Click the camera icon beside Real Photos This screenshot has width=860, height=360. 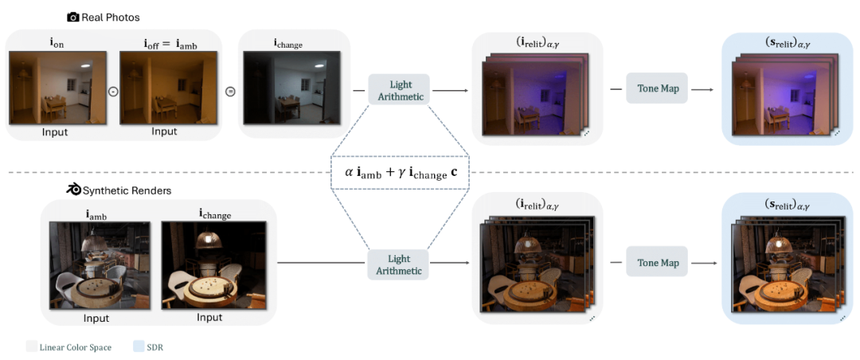click(73, 17)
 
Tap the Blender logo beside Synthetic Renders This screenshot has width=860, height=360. click(73, 190)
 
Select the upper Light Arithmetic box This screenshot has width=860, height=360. click(399, 90)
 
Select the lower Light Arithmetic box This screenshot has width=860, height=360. click(399, 264)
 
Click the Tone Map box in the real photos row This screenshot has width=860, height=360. click(658, 88)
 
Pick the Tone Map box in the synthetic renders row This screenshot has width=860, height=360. click(658, 262)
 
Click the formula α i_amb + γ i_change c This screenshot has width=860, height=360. click(401, 171)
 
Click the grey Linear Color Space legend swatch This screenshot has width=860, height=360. click(31, 346)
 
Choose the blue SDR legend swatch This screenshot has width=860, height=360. click(139, 346)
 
